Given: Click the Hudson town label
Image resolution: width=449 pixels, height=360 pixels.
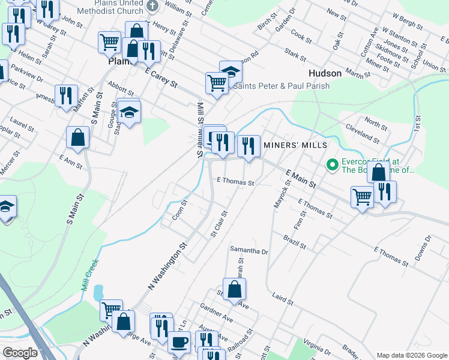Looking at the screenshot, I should pos(325,73).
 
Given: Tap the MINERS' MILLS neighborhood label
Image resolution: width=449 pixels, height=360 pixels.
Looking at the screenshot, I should pos(295,146).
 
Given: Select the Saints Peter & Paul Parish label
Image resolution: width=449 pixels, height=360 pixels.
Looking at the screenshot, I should pos(281,86).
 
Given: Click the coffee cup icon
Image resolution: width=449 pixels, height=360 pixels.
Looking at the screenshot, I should pos(178,343).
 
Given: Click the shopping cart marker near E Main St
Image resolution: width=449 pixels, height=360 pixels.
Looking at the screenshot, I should pos(363,196).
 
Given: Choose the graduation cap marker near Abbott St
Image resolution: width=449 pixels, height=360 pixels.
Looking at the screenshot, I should pos(128,112).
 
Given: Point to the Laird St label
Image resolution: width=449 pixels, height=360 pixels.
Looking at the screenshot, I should pos(282,298).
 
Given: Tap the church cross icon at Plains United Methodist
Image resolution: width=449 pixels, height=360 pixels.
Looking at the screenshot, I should pos(152,7).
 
